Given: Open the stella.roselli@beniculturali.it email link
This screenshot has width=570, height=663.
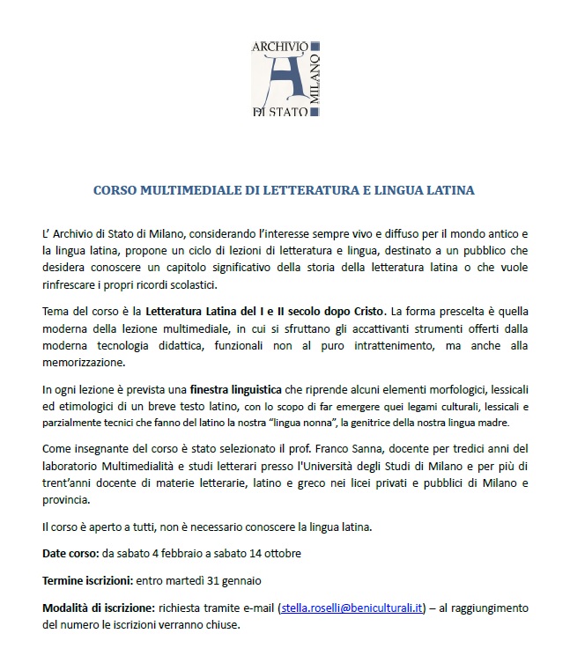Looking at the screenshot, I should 352,608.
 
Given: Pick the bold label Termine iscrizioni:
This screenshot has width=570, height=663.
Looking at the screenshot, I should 87,581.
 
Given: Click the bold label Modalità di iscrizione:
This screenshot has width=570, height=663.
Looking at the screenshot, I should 98,608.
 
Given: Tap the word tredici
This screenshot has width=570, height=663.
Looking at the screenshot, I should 491,449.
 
